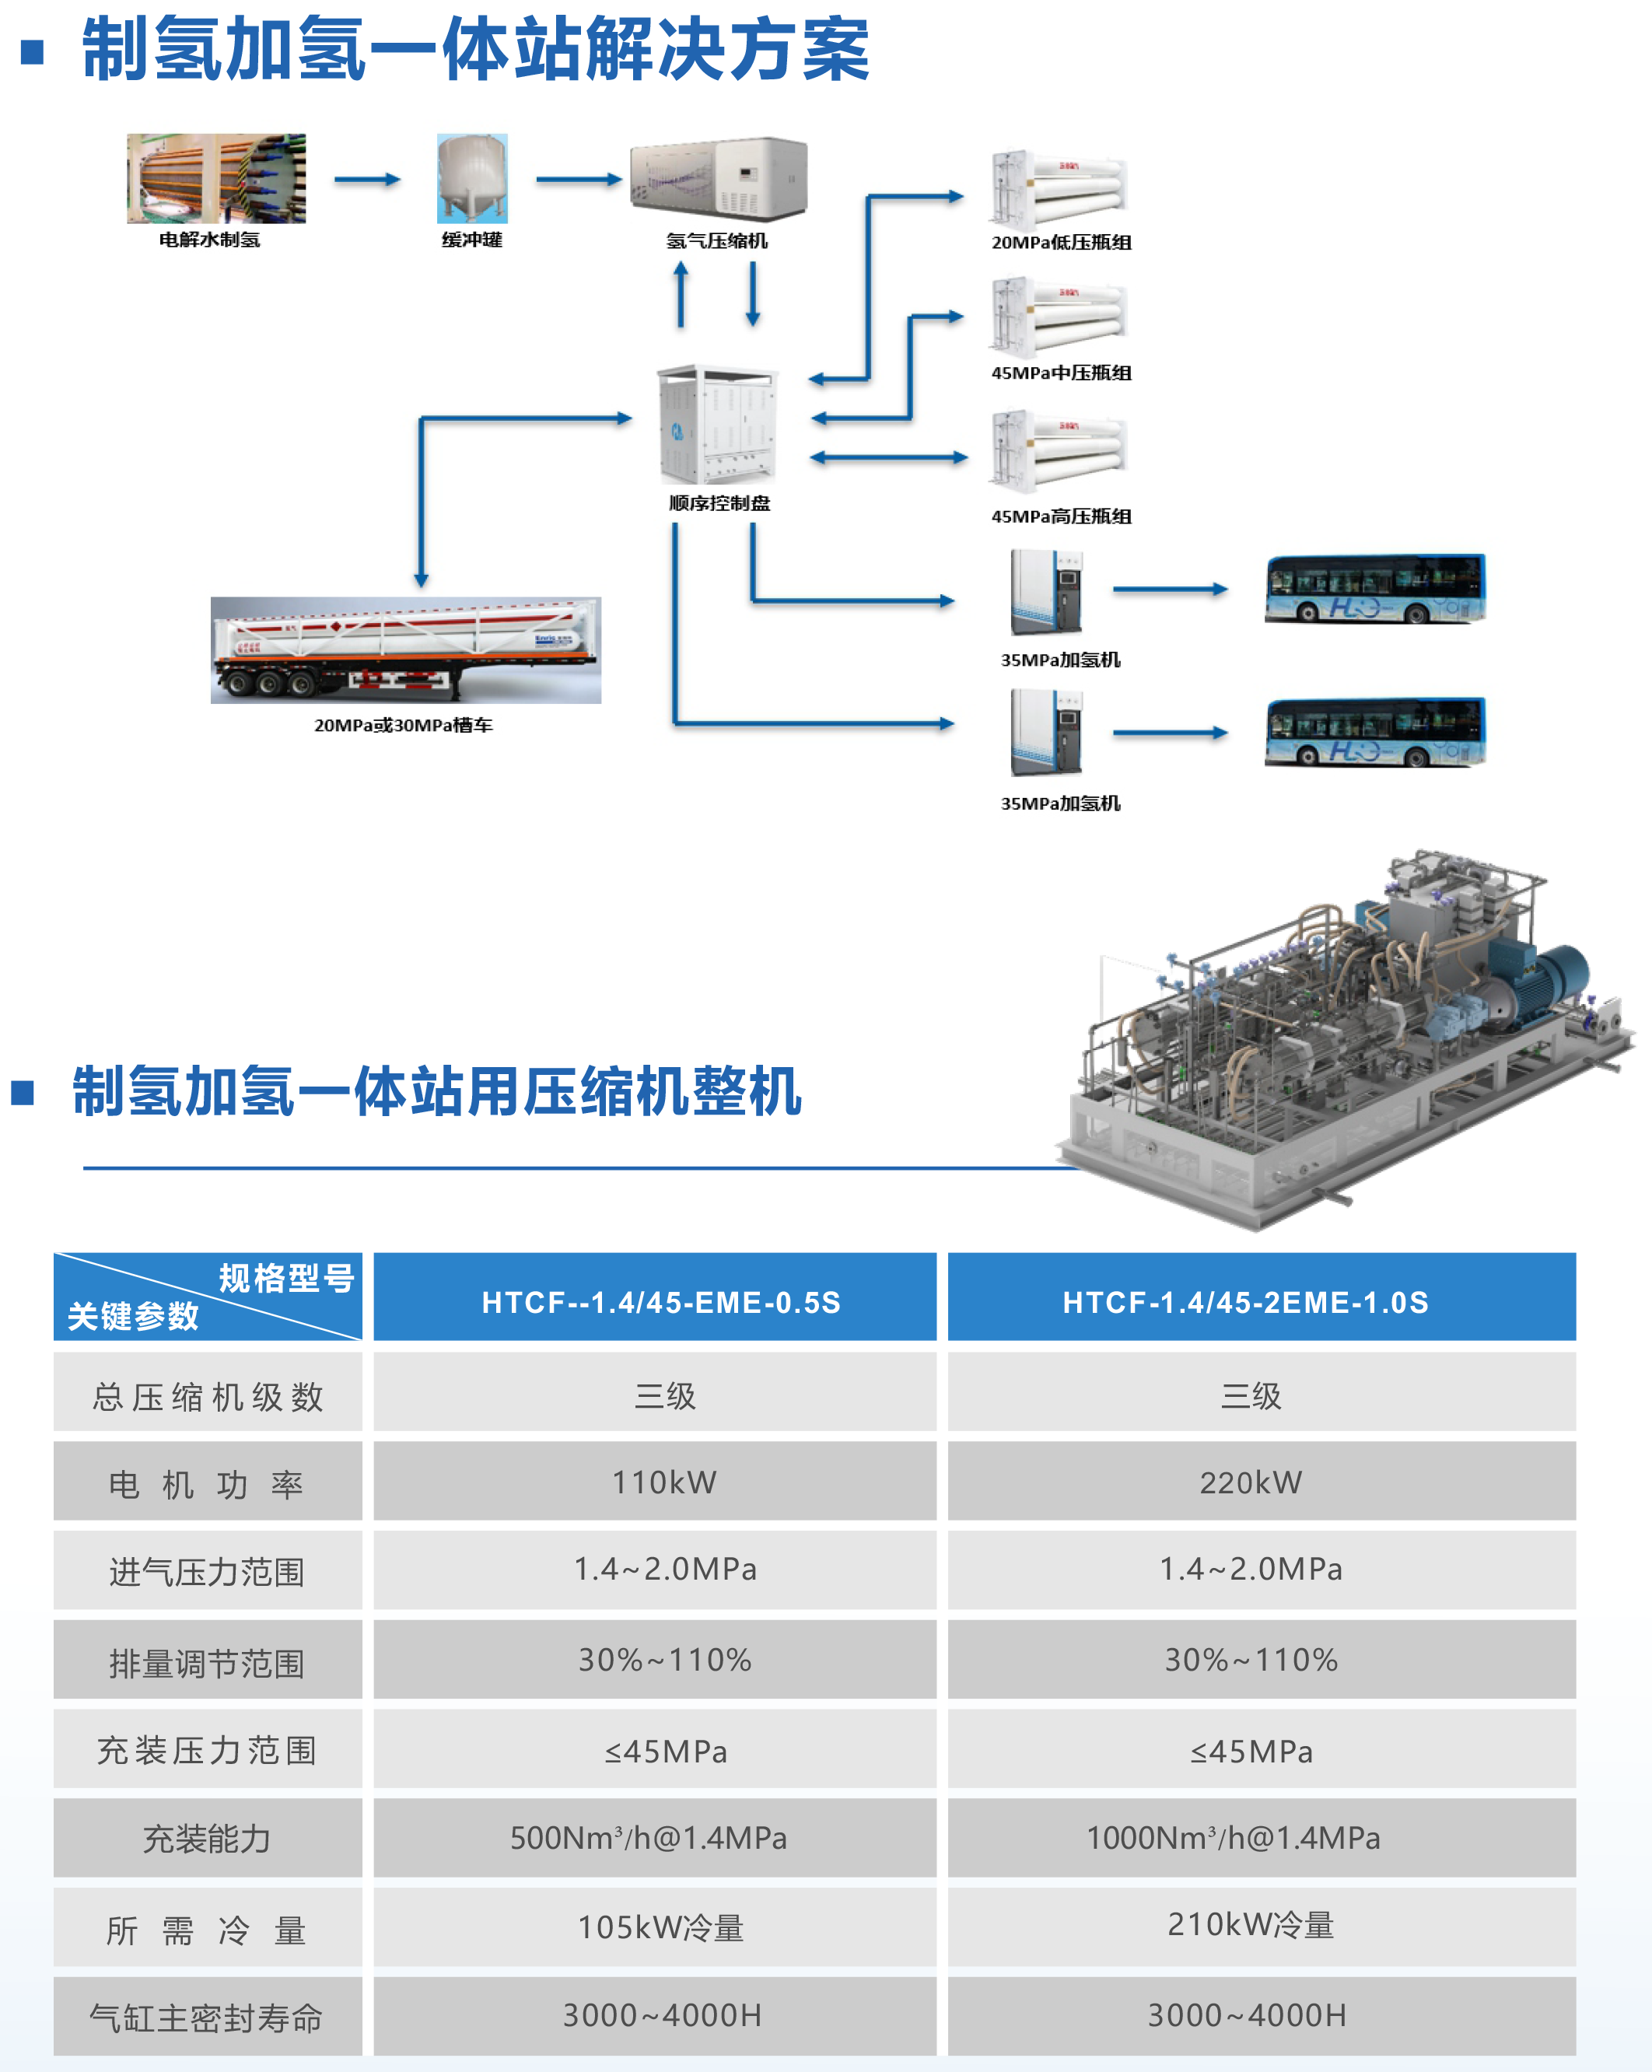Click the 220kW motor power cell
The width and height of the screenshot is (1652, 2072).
[1251, 1482]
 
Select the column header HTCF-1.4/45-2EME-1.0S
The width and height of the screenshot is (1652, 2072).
[1245, 1301]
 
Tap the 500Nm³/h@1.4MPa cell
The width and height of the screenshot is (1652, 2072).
[649, 1838]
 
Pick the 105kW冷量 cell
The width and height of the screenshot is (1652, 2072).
[660, 1927]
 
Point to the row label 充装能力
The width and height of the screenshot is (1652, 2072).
[207, 1839]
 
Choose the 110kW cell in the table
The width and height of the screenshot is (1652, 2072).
[664, 1482]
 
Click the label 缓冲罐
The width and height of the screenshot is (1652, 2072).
[472, 240]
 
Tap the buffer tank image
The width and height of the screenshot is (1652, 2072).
[472, 179]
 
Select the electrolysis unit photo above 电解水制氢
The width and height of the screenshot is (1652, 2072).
[216, 179]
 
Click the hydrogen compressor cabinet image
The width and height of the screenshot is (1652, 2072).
[718, 179]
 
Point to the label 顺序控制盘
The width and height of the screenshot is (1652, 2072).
[719, 502]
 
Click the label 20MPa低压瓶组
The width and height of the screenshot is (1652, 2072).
[1061, 242]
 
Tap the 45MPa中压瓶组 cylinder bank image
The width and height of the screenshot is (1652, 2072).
[1058, 317]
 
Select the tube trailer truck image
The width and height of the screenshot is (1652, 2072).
[405, 649]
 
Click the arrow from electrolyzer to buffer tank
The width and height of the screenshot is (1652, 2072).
[367, 180]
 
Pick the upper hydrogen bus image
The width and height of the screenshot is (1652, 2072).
[1374, 588]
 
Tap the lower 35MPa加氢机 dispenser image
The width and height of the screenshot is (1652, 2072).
[1047, 733]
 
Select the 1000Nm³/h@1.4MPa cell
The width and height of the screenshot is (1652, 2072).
[1233, 1838]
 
